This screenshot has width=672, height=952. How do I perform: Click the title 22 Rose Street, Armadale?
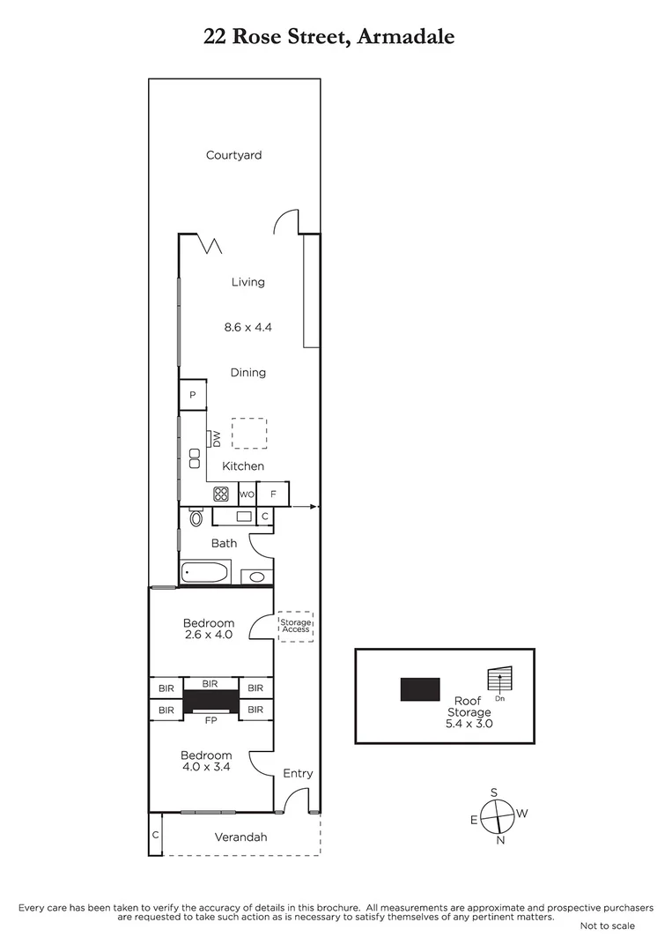coord(329,37)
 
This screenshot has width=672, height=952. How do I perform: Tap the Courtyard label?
coord(233,155)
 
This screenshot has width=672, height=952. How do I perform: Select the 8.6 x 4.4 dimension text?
coord(247,326)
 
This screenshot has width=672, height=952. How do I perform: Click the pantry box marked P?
coord(193,395)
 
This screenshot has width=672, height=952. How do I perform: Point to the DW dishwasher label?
coord(215,438)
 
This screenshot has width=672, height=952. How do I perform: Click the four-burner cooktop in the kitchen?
coord(221,495)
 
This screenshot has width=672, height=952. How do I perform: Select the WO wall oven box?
coord(247,495)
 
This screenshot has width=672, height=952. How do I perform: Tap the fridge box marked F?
coord(273,494)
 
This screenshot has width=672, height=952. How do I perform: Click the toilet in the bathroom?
coord(196,518)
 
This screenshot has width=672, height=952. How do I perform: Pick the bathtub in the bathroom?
coord(205,573)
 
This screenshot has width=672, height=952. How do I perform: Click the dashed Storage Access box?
coord(296,626)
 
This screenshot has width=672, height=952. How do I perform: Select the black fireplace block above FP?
coord(210,701)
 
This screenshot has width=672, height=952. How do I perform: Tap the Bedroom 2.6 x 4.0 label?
coord(210,628)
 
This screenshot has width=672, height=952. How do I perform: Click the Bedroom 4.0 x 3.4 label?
coord(206,761)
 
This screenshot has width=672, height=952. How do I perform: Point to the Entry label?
coord(298,773)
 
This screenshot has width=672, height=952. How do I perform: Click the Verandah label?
coord(241,837)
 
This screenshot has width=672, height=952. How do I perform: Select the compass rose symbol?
coord(498,815)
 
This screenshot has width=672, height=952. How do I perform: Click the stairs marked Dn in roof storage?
coord(499,680)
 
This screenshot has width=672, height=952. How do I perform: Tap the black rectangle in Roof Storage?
coord(420,689)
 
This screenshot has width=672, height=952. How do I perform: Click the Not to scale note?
coord(607,926)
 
